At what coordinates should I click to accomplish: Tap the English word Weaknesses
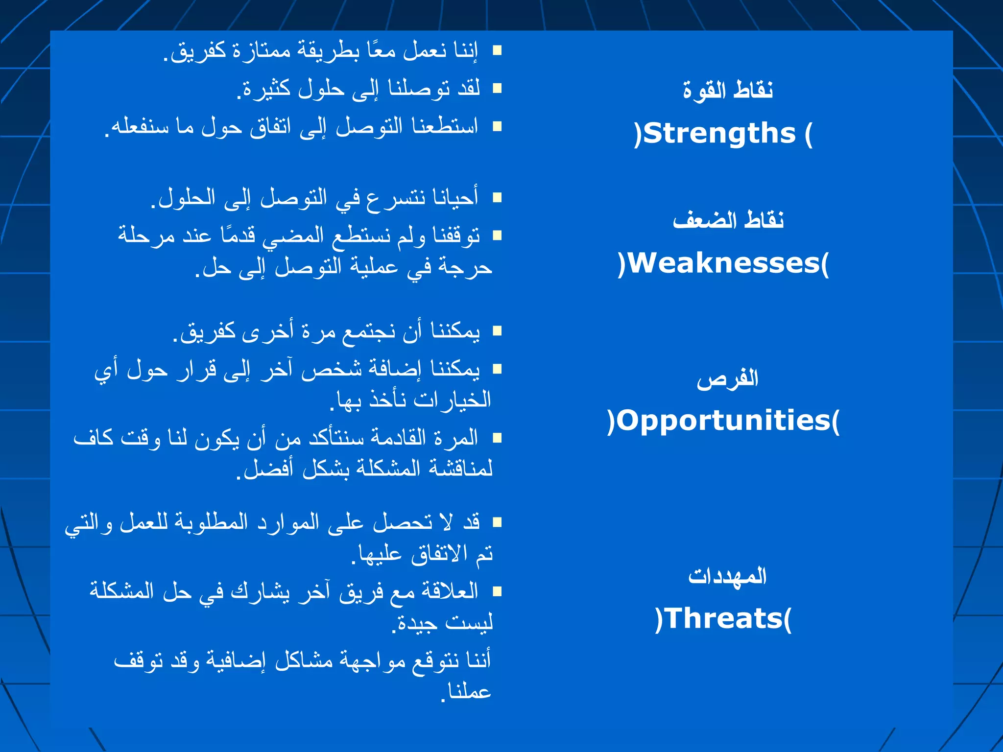[723, 263]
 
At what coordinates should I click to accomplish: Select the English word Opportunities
[723, 421]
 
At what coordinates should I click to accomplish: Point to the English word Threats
[723, 618]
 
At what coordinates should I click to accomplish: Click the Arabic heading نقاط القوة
[728, 91]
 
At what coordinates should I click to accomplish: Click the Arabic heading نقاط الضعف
[728, 220]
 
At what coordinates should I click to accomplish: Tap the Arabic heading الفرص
[728, 378]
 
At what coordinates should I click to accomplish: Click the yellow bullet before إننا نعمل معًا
[497, 50]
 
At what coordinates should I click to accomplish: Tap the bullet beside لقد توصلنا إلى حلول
[497, 88]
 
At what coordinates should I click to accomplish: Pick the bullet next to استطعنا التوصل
[497, 126]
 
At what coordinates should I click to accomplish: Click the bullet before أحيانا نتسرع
[497, 197]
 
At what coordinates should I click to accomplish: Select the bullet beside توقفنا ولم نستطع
[497, 235]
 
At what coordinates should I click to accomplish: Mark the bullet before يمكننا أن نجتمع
[497, 331]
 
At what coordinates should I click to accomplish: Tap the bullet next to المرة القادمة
[497, 437]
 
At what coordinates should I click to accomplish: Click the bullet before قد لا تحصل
[497, 522]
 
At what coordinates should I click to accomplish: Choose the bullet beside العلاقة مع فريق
[497, 591]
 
